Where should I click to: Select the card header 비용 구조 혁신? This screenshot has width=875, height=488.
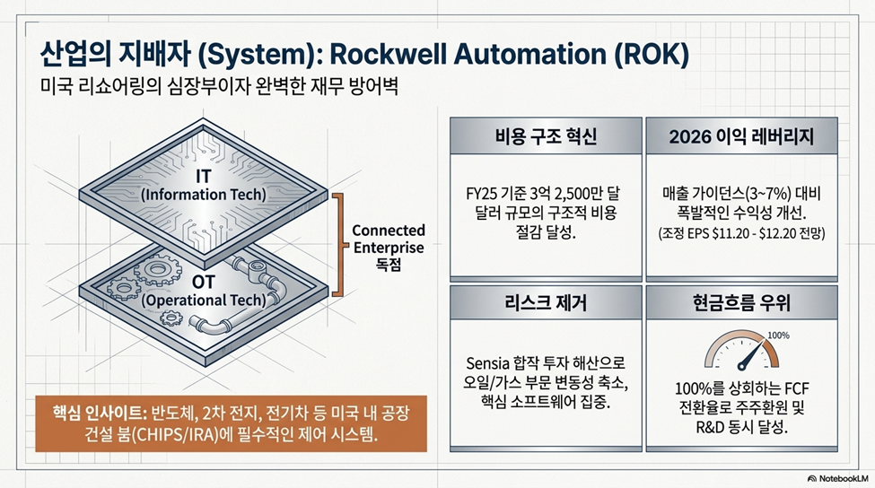click(546, 136)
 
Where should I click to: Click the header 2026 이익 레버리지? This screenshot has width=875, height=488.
click(741, 136)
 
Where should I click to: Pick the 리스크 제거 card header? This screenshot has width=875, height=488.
click(546, 303)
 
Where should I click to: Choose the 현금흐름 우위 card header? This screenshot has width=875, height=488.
click(741, 303)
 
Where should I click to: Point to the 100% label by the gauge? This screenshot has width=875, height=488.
click(778, 335)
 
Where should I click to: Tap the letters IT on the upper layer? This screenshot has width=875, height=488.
click(203, 177)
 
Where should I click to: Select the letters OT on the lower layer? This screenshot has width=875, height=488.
click(203, 283)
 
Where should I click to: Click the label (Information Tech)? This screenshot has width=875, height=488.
click(203, 195)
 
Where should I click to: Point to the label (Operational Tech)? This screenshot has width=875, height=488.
click(203, 300)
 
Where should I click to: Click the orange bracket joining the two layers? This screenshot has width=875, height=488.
click(338, 245)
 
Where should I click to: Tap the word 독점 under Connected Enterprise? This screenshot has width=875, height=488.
click(389, 265)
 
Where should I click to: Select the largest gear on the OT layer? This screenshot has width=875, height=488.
click(158, 272)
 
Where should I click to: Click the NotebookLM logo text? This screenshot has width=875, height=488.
click(844, 478)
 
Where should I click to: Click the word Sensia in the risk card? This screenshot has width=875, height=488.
click(487, 364)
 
